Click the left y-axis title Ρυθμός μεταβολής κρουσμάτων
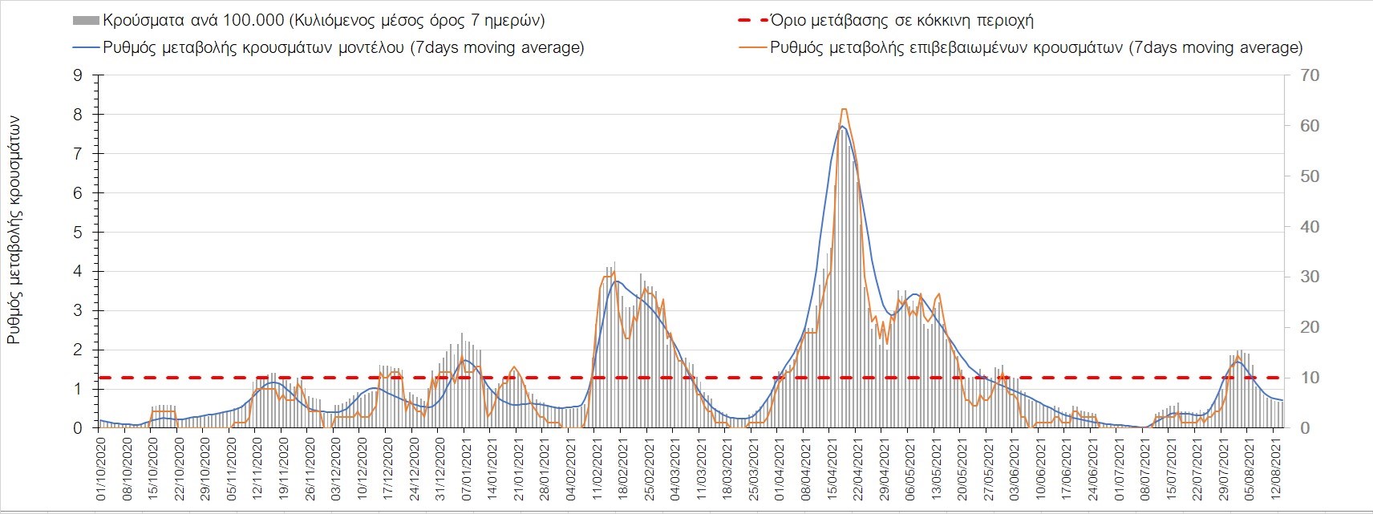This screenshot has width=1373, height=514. point(14,229)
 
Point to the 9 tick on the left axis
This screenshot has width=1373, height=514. point(78,75)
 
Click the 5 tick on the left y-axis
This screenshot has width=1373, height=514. point(78,233)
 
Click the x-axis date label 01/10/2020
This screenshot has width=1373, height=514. point(102,470)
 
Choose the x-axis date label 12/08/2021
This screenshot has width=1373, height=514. point(1275,470)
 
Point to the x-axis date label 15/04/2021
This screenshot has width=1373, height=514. point(831,470)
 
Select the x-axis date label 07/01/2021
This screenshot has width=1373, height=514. point(464,470)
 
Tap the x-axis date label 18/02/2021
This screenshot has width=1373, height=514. point(622,470)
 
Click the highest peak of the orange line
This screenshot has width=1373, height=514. point(844,110)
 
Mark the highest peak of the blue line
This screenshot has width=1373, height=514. point(841,127)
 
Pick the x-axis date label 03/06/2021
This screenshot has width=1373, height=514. point(1013,470)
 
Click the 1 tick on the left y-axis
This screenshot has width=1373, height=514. point(78,389)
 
